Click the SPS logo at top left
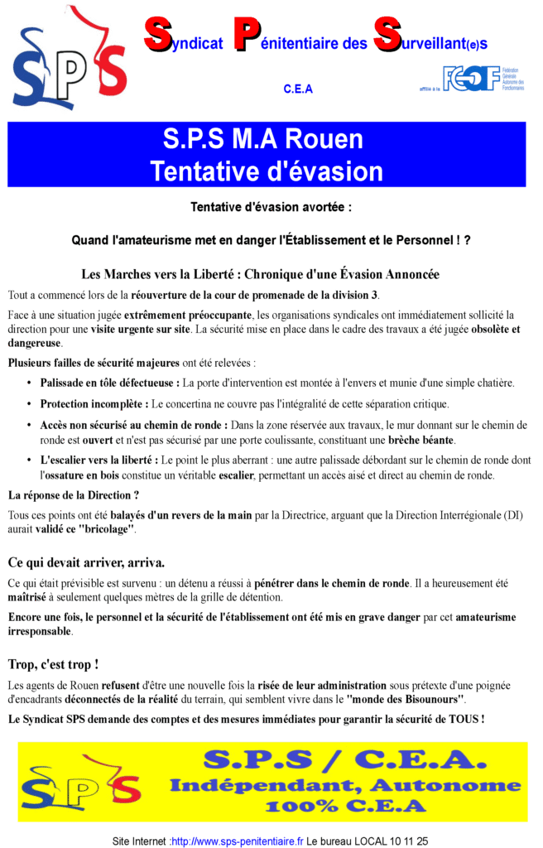[68, 58]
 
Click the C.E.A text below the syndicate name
[298, 89]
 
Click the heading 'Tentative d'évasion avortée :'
[271, 207]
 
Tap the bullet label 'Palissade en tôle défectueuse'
[108, 383]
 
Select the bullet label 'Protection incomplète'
[93, 404]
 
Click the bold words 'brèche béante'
[421, 440]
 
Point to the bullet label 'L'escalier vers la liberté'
[99, 460]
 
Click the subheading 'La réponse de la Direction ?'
[74, 495]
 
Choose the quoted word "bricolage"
[105, 529]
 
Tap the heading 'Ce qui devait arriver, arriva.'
[87, 562]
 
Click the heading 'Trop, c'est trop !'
[53, 664]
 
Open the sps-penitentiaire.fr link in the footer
[238, 841]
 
